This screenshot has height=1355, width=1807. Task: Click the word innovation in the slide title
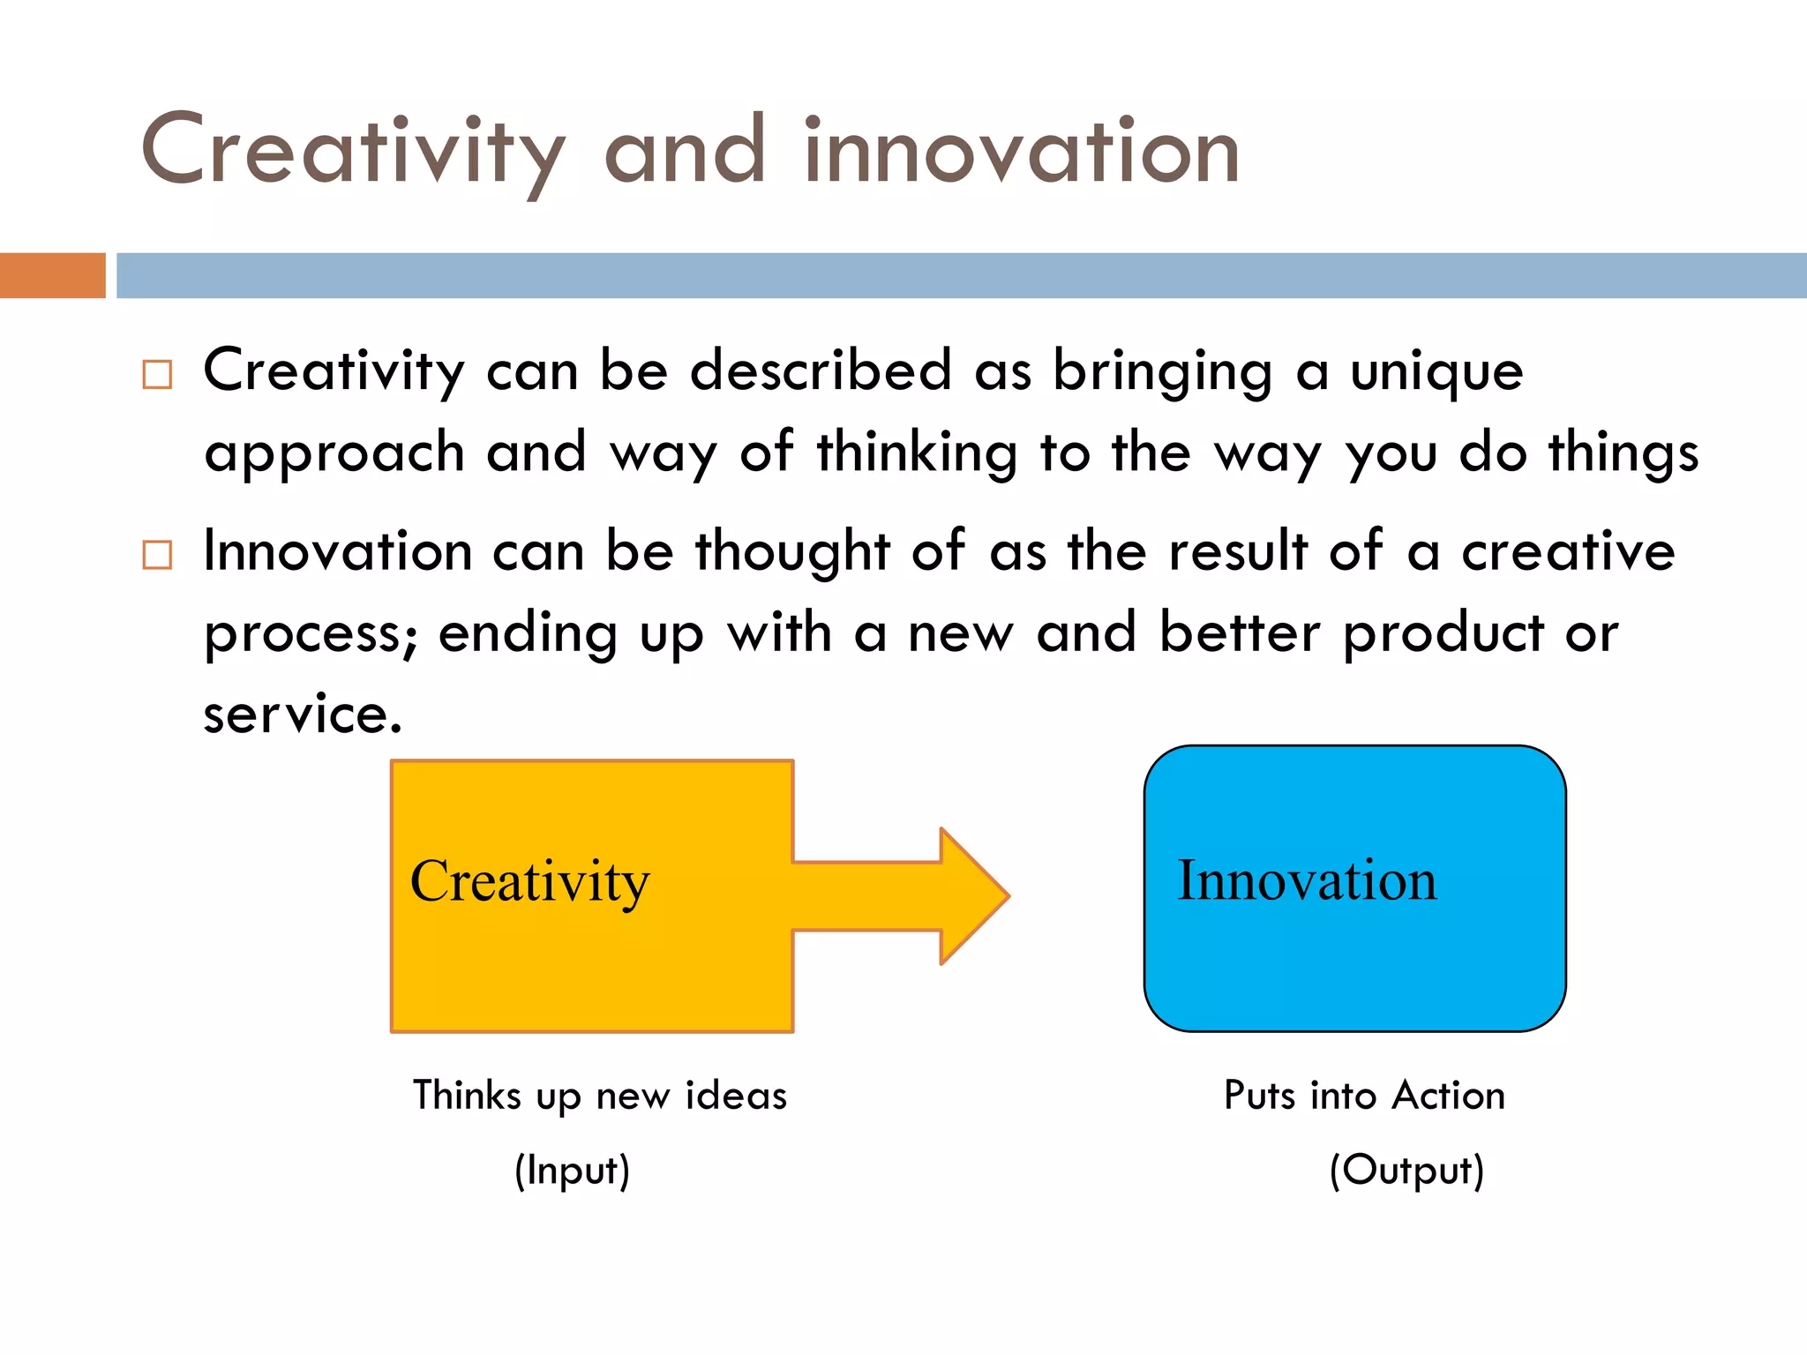point(1022,152)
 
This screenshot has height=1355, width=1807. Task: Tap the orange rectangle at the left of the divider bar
point(52,275)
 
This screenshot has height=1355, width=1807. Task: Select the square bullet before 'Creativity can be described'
point(157,374)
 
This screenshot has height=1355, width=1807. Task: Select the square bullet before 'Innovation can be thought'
point(157,555)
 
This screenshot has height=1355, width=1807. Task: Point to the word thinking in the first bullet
point(917,453)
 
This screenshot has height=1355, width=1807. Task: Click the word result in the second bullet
point(1238,551)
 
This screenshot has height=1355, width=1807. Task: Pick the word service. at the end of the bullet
point(303,714)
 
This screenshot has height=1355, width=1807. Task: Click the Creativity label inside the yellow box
point(529,880)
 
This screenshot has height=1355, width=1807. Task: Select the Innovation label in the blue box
point(1307,880)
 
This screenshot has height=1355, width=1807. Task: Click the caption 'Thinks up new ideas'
point(600,1096)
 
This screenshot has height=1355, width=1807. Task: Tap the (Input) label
point(573,1171)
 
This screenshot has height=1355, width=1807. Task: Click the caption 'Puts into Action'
point(1364,1096)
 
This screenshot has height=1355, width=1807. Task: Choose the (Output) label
point(1406,1171)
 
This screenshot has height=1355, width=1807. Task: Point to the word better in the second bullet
point(1240,633)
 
